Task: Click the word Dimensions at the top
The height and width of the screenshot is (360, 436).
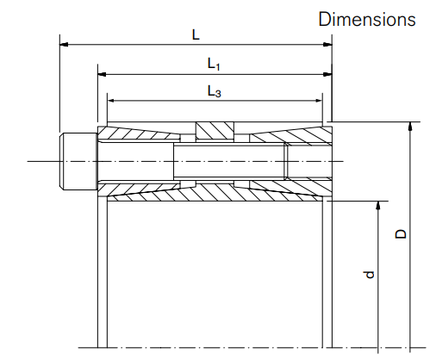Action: [367, 19]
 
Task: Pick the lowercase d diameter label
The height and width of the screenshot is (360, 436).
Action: [369, 275]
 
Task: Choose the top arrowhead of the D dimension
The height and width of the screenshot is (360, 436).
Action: [411, 127]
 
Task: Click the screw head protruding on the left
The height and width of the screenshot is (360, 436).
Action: [77, 161]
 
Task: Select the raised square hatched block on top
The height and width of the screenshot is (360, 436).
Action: [214, 130]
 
